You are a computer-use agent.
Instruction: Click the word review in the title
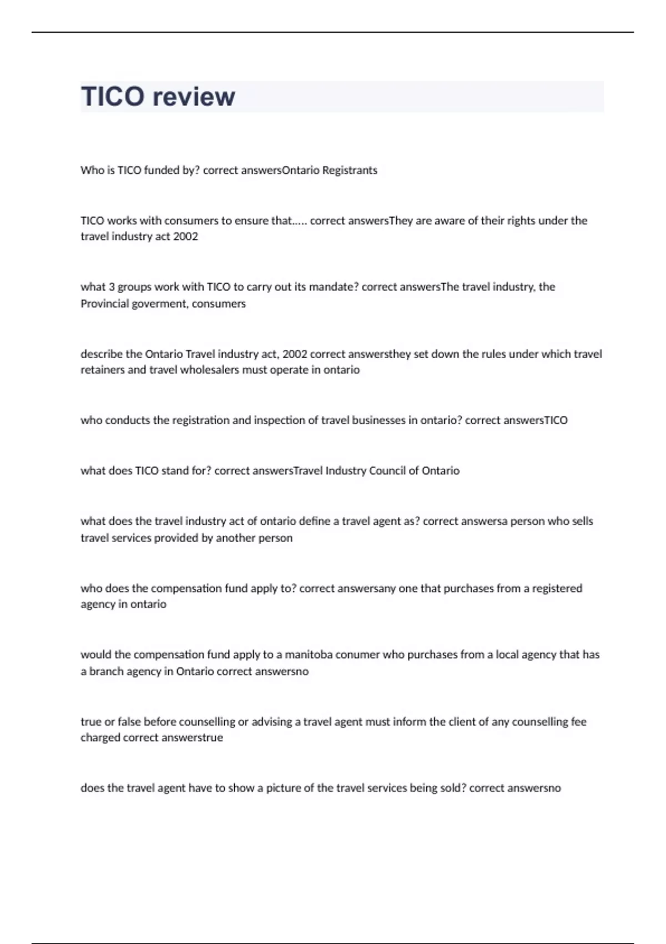click(x=194, y=97)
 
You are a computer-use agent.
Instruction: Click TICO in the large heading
click(x=113, y=97)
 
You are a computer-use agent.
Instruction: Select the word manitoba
click(x=309, y=655)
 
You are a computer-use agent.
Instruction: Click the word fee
click(x=578, y=722)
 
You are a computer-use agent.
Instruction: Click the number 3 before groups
click(x=112, y=287)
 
